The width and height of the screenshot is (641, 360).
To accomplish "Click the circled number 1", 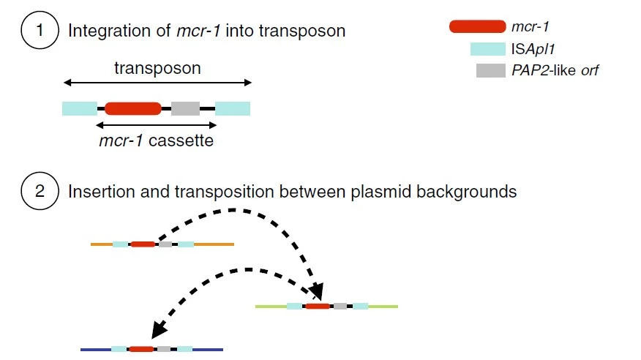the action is (x=40, y=30).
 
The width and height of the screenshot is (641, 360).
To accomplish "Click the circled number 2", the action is (x=40, y=191).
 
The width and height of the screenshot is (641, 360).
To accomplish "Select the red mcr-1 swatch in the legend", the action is (x=478, y=26).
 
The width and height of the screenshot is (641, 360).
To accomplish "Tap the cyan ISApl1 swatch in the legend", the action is (x=487, y=49).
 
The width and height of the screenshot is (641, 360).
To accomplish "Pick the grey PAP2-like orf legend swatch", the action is (x=490, y=70).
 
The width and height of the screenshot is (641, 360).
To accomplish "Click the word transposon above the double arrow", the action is (x=157, y=68).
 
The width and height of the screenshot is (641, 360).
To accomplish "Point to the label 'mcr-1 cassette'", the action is (x=156, y=140).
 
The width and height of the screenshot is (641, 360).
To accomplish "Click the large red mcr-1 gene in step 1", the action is (x=133, y=109).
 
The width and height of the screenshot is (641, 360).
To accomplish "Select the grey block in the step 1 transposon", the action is (x=185, y=109).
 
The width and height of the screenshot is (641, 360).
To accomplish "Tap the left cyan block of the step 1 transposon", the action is (x=80, y=109).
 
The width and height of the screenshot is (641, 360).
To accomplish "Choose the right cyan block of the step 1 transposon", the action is (x=233, y=109).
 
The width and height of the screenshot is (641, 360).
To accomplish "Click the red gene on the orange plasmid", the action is (x=143, y=244).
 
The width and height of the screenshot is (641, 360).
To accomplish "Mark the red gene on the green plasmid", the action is (x=318, y=306).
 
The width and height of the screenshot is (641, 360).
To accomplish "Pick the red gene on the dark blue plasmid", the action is (x=141, y=349).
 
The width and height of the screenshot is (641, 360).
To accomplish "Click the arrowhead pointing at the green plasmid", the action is (x=316, y=292).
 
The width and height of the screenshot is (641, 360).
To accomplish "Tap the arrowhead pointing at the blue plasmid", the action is (x=159, y=329).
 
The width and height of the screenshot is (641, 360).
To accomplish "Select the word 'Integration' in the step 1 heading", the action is (x=109, y=31).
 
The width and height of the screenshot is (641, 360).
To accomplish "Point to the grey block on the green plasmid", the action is (x=340, y=306).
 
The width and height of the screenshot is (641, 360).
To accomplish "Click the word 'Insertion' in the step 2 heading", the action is (x=102, y=192).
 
